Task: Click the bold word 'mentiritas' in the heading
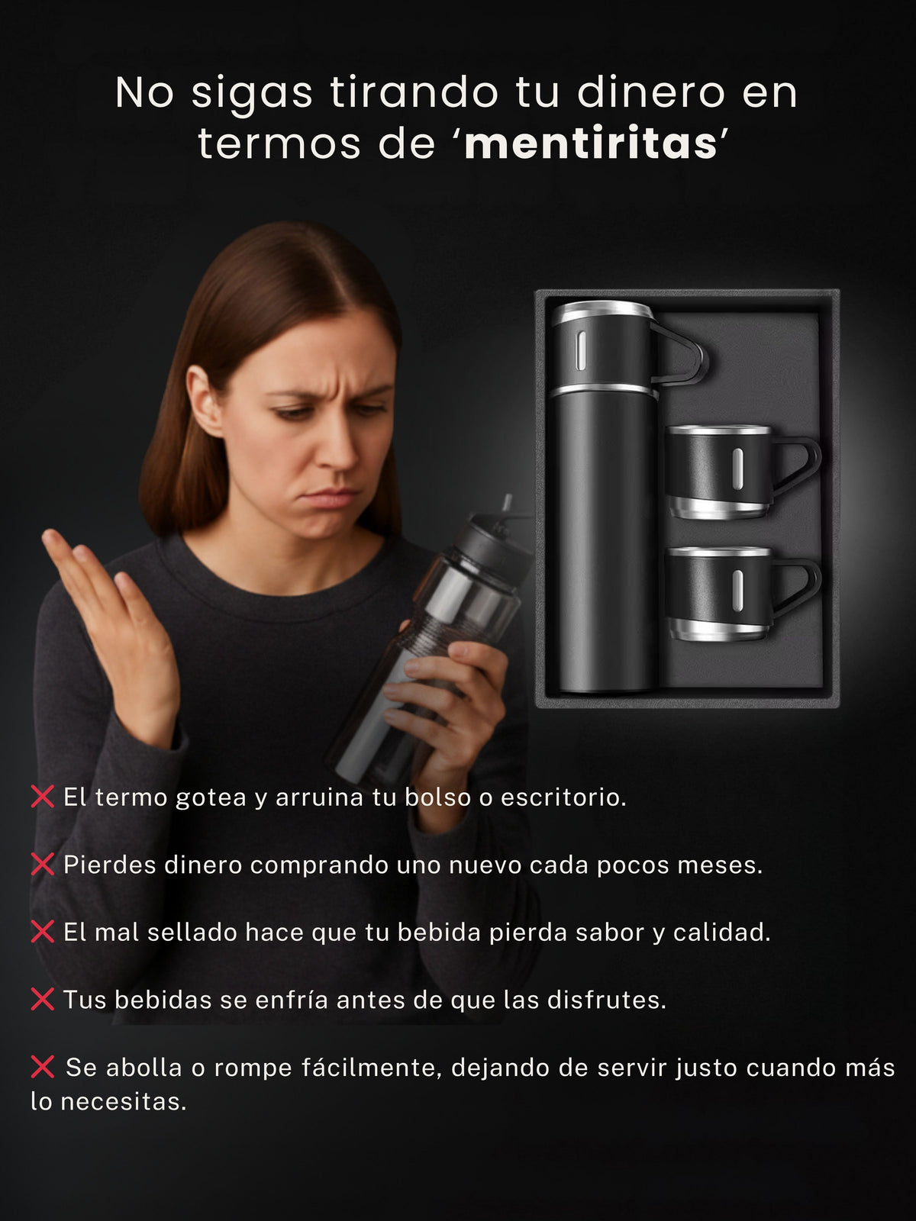click(591, 143)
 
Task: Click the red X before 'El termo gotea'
click(43, 797)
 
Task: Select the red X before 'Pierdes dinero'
click(43, 865)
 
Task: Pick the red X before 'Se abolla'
click(43, 1067)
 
